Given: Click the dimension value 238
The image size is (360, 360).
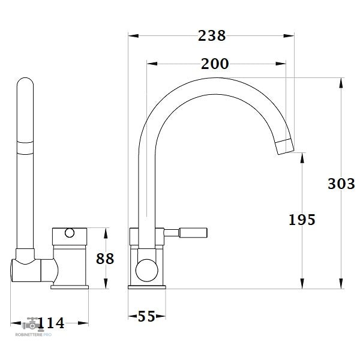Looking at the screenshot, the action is [x=212, y=36].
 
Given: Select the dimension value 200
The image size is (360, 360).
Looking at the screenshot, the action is [x=215, y=64].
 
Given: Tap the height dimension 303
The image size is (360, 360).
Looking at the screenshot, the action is [x=341, y=184].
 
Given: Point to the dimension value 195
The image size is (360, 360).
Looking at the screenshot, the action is [x=302, y=220].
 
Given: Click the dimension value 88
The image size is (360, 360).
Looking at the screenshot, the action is [x=105, y=259].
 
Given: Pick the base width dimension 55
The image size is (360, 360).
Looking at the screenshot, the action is [x=146, y=316].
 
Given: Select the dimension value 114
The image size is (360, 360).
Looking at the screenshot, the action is [x=51, y=323].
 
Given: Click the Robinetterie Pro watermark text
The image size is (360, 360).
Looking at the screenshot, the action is [x=34, y=335].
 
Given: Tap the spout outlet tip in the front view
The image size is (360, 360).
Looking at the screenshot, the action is [x=284, y=146].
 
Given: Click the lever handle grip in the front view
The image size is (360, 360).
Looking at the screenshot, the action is [x=193, y=233].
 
